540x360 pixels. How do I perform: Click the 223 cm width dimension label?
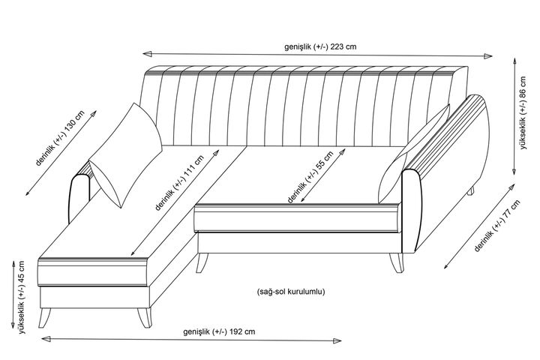(x=320, y=46)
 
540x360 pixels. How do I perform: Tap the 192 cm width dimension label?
(x=219, y=331)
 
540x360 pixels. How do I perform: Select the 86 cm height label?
(x=523, y=112)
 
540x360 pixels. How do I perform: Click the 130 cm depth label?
(x=60, y=138)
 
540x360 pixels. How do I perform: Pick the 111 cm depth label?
(x=179, y=182)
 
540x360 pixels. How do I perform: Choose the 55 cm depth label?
(x=310, y=178)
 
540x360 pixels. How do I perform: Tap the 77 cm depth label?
(x=497, y=226)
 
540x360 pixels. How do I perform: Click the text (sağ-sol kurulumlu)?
(x=291, y=292)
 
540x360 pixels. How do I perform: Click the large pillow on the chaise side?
(x=126, y=155)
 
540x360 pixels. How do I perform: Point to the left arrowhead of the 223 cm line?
(x=148, y=54)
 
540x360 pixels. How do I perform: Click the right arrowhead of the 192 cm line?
(x=337, y=341)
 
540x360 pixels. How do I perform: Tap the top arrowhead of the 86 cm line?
(x=514, y=62)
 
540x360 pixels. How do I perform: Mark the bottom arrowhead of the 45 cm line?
(x=13, y=324)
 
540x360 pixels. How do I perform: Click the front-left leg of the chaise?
(x=44, y=318)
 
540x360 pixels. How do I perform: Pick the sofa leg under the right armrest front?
(x=397, y=262)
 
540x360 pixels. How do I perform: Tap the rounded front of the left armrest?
(x=80, y=199)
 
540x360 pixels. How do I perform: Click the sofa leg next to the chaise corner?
(x=202, y=262)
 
